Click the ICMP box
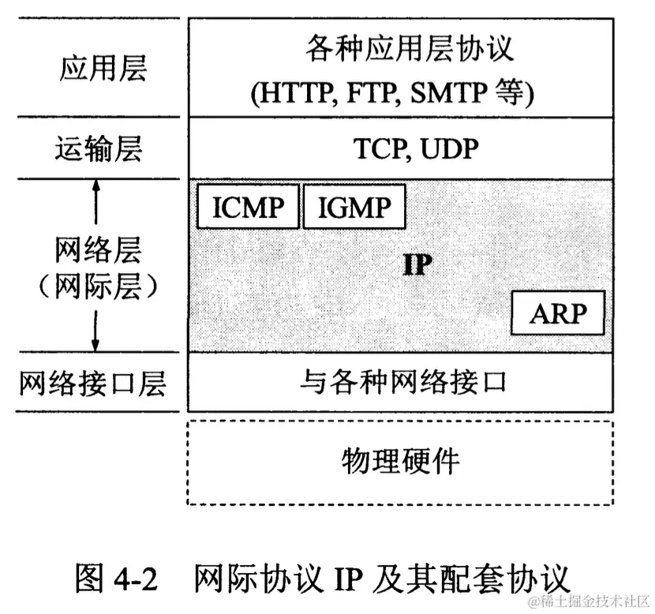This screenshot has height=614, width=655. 248,206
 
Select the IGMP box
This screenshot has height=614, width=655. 354,206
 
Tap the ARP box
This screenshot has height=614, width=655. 558,313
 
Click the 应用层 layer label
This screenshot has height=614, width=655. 103,68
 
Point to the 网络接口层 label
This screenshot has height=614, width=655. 93,384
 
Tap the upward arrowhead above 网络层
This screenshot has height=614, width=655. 96,186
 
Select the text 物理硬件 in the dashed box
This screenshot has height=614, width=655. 400,460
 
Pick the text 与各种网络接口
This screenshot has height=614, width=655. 402,383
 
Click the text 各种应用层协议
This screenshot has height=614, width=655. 410,51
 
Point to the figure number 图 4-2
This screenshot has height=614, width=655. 118,576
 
